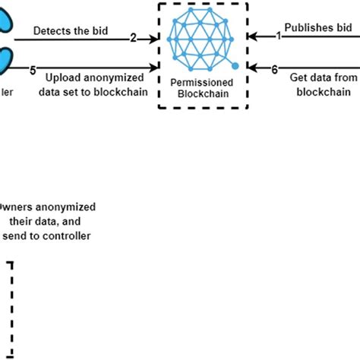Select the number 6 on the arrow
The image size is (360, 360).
274,69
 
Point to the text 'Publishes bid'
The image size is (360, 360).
322,28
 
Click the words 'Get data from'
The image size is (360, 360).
324,77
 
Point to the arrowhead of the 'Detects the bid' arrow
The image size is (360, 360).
153,36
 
